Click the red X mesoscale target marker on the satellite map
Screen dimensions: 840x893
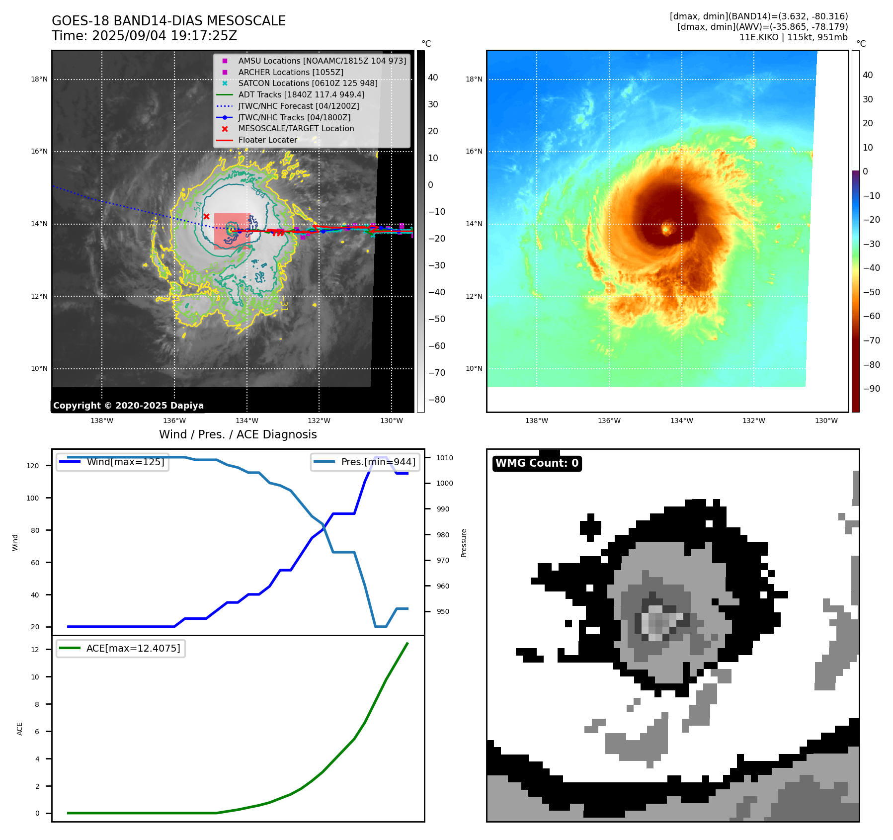(x=206, y=216)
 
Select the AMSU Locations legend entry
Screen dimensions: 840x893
(x=322, y=61)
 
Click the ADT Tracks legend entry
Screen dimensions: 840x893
(x=301, y=94)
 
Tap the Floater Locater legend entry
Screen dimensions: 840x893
(x=267, y=140)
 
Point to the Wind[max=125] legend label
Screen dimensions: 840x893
(x=125, y=462)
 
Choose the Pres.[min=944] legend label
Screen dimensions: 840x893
(x=378, y=462)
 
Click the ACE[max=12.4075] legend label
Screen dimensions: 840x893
(x=133, y=648)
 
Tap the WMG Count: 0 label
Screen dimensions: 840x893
(x=537, y=463)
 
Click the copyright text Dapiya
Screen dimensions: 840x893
(x=128, y=406)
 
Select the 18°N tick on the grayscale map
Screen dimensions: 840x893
(x=39, y=79)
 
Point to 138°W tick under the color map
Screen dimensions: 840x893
(x=536, y=420)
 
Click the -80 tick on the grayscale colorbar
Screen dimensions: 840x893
(x=437, y=400)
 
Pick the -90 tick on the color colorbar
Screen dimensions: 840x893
(x=871, y=389)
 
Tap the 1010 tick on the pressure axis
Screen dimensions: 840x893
(x=445, y=458)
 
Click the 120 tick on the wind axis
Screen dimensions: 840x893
(x=33, y=466)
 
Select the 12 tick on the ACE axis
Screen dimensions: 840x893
(x=35, y=650)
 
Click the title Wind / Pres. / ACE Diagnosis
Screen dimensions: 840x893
(x=238, y=434)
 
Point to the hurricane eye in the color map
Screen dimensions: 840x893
(x=666, y=229)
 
